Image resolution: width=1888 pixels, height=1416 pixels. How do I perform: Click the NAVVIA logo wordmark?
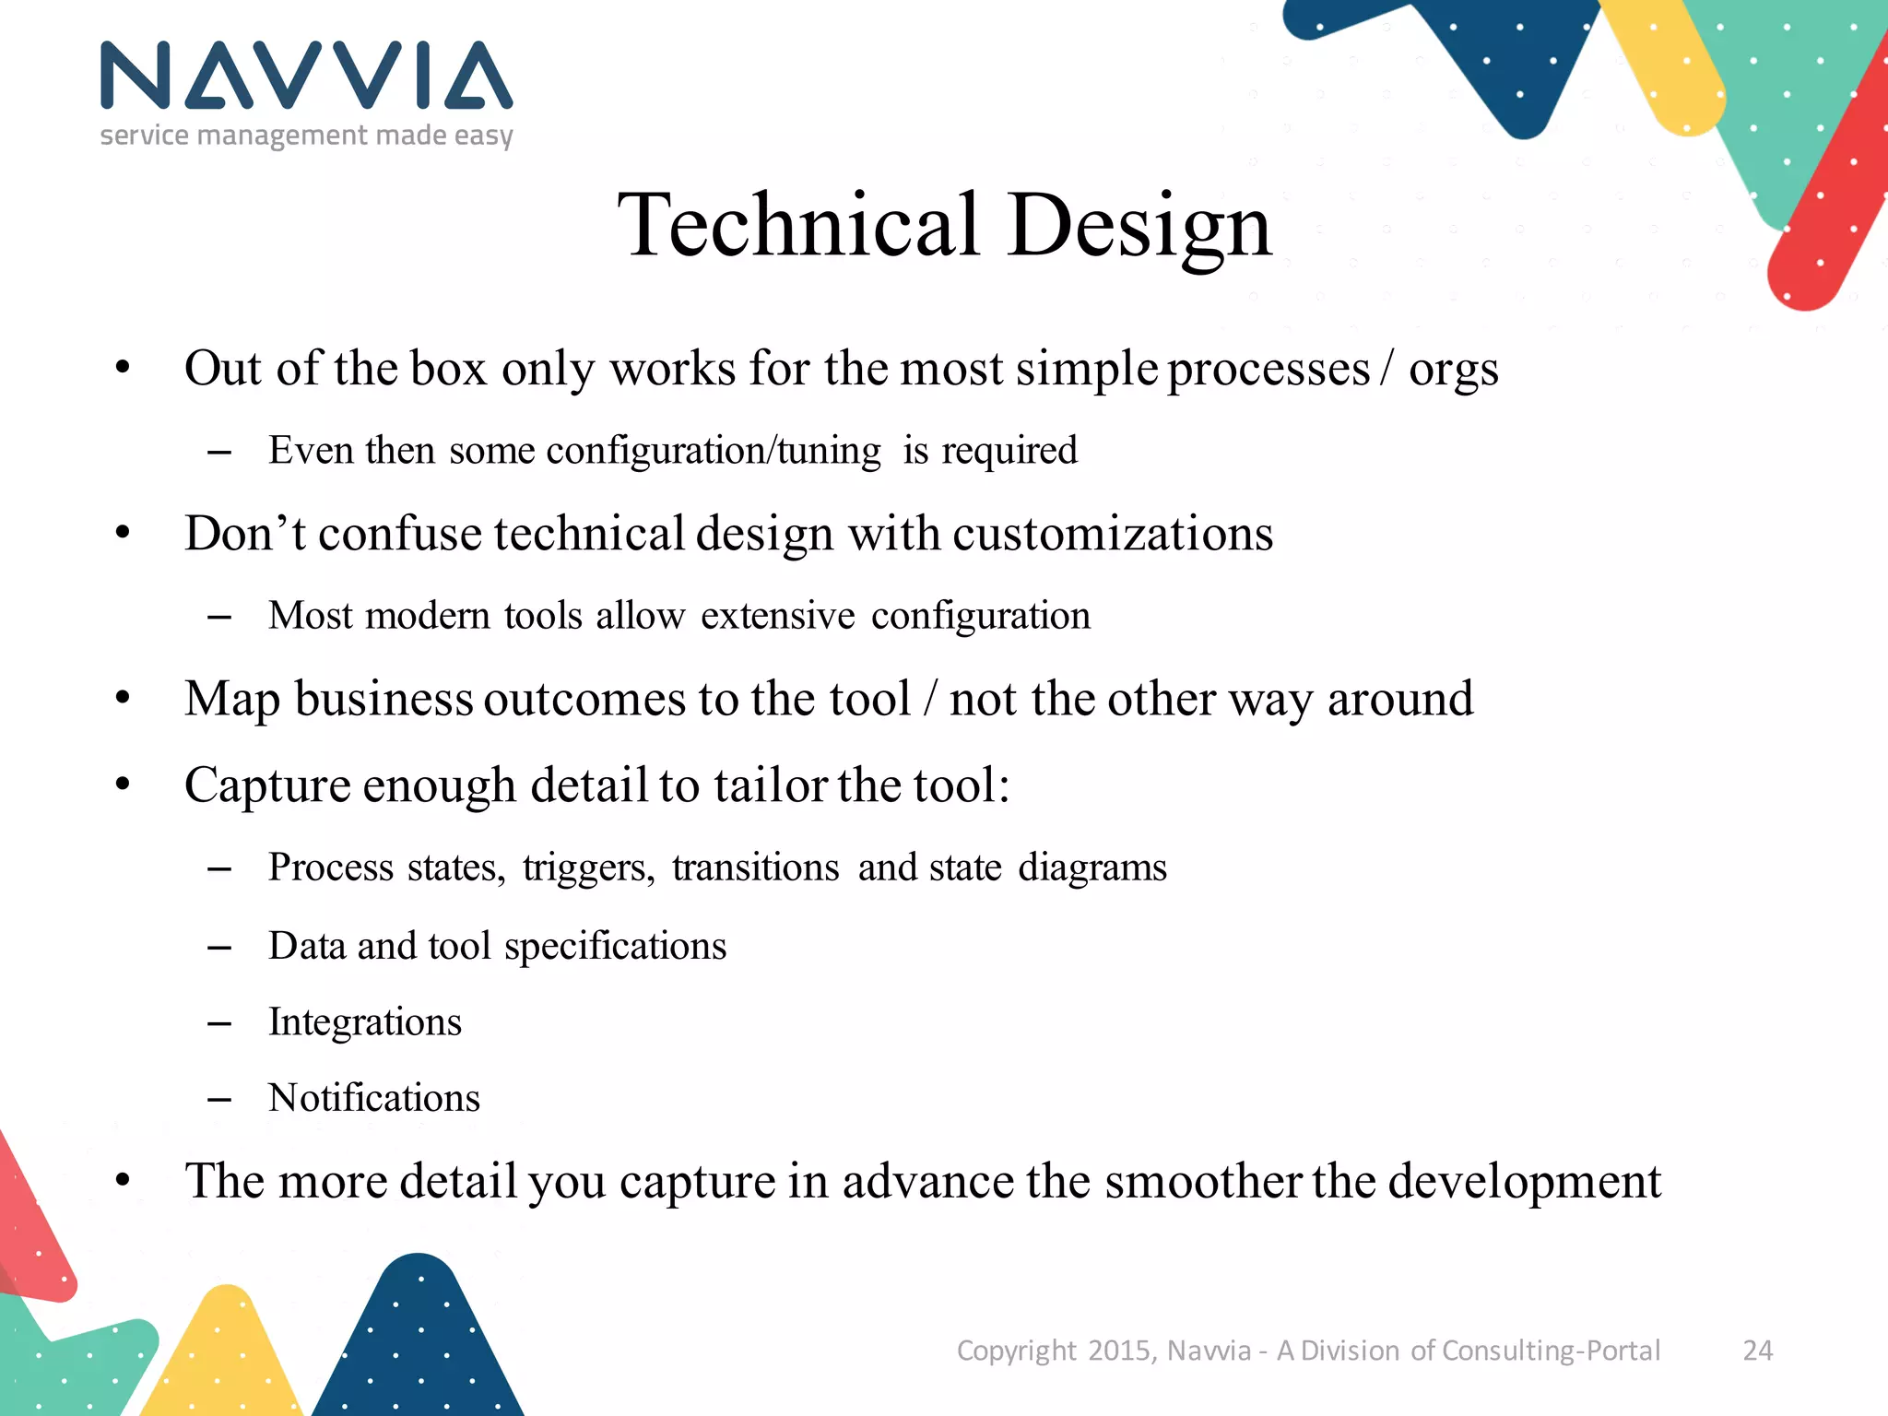(x=306, y=76)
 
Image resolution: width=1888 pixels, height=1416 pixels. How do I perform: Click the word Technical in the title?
(x=798, y=225)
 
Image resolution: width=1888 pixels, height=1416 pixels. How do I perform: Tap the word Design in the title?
(x=1139, y=227)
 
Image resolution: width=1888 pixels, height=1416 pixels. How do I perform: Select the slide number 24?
(x=1757, y=1351)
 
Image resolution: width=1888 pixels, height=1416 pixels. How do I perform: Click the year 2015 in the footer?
(x=1119, y=1351)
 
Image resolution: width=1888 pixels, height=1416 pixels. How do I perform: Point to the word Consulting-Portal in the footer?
(x=1551, y=1351)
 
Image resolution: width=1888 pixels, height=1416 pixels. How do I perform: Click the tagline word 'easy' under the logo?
(x=483, y=136)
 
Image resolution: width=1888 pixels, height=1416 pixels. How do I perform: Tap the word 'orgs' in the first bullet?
(x=1453, y=371)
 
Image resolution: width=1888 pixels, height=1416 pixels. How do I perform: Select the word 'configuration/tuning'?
(x=714, y=451)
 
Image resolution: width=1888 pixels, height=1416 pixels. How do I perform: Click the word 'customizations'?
(x=1113, y=534)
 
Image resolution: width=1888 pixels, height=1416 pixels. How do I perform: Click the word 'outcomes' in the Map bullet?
(x=585, y=699)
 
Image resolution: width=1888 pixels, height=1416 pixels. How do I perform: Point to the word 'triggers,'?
(x=588, y=868)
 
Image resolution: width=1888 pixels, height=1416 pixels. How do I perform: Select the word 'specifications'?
(x=615, y=947)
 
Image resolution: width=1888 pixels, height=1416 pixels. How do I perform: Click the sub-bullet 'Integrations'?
(x=364, y=1022)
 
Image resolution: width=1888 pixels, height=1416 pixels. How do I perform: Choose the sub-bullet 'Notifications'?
(x=373, y=1098)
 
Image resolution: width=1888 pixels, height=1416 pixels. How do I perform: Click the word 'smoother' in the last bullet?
(x=1203, y=1181)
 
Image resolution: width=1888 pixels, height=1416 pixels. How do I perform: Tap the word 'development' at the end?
(x=1524, y=1183)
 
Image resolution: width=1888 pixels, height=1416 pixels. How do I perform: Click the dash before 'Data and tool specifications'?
(x=219, y=948)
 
